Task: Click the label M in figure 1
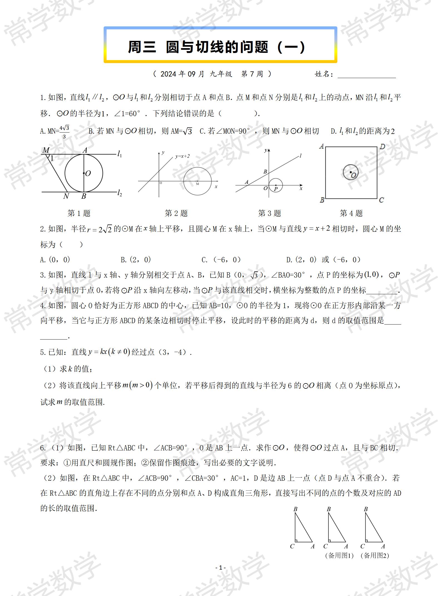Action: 46,150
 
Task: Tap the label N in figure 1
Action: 66,196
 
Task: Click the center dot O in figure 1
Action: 84,173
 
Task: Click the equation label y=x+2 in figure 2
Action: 183,156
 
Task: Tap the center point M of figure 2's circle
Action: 197,181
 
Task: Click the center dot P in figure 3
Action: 275,185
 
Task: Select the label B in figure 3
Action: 265,172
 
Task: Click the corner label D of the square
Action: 383,147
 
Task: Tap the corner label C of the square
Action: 382,200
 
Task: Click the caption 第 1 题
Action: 79,213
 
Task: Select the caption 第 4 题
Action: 351,213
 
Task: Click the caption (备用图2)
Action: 375,555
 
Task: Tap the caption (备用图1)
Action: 339,555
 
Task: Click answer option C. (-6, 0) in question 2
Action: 221,260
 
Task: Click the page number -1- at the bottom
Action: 221,568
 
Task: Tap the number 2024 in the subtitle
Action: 168,74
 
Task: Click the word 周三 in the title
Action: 142,47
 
